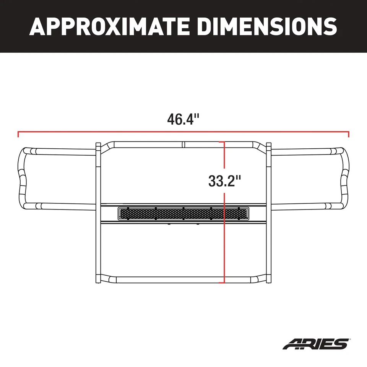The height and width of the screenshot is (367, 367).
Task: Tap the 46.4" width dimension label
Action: pos(183,119)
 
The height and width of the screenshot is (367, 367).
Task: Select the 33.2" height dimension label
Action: pos(224,180)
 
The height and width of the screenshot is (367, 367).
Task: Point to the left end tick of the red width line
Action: pos(18,134)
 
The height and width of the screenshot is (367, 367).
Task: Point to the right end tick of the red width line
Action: pos(349,134)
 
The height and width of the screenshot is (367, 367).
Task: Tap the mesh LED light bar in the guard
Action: pos(183,214)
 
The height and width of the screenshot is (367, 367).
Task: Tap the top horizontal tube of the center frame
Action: pos(153,145)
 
